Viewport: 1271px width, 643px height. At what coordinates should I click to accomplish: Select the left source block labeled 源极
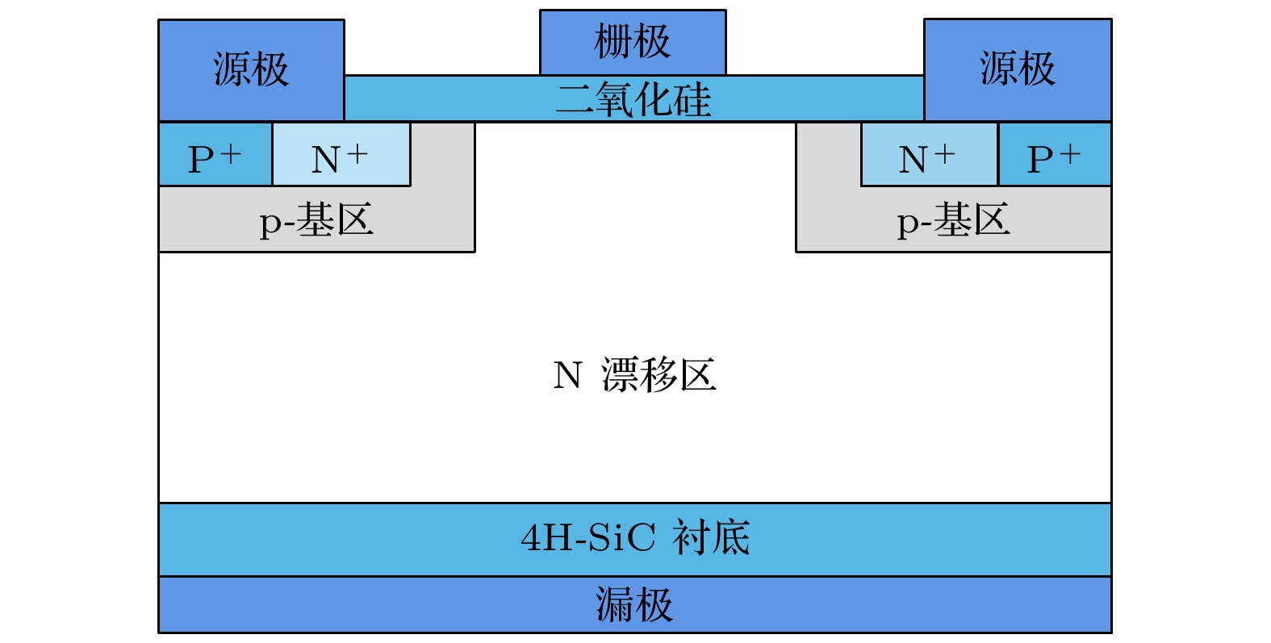tap(251, 69)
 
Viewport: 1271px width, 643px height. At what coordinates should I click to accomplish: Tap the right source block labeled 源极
tap(1017, 69)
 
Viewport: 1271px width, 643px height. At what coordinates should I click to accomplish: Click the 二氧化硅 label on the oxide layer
tap(634, 100)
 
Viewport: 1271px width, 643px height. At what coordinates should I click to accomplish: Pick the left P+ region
tap(215, 155)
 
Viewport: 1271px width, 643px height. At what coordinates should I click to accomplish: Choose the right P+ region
tap(1054, 155)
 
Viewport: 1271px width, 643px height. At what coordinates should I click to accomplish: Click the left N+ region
tap(341, 155)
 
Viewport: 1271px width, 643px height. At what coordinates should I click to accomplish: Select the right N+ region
tap(928, 155)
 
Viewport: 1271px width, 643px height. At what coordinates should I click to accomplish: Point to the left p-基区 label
tap(316, 220)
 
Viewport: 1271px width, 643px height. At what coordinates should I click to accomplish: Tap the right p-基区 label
tap(953, 220)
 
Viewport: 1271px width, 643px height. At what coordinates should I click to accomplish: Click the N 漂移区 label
tap(634, 376)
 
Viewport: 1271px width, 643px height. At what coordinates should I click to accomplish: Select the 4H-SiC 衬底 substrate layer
tap(634, 539)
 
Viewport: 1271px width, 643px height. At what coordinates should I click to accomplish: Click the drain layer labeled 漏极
tap(634, 604)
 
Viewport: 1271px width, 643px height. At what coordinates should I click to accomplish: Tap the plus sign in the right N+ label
tap(944, 152)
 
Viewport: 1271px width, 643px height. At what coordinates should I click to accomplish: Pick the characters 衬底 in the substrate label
tap(712, 538)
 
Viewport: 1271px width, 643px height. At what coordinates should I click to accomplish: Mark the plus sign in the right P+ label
tap(1070, 152)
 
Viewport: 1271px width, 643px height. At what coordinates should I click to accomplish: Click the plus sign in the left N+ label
tap(357, 152)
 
